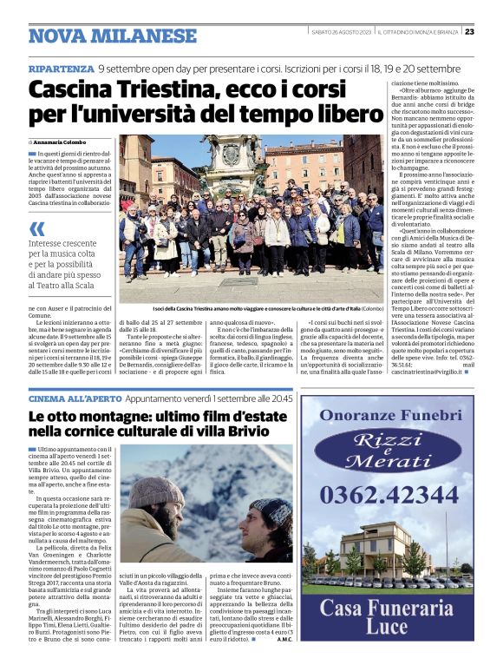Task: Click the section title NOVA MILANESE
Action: tap(112, 36)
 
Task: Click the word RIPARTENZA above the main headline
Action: tap(60, 68)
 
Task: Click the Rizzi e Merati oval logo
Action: tap(390, 451)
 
